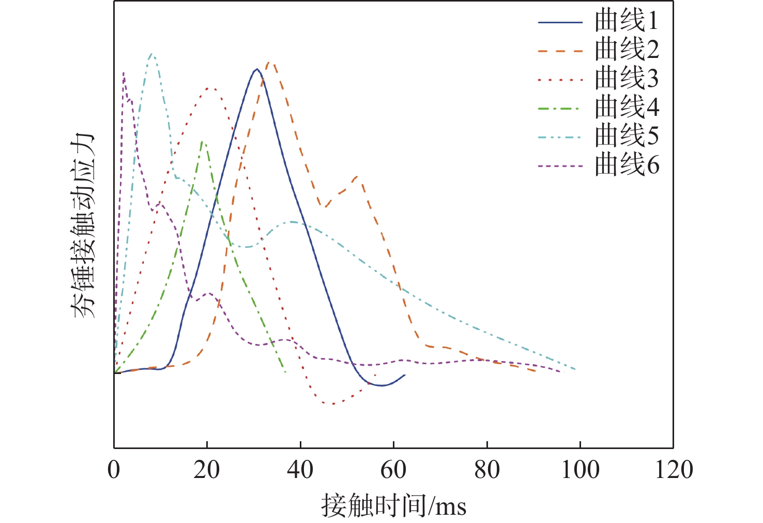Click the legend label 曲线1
(x=627, y=22)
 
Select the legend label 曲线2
(x=627, y=50)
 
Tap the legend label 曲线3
(x=627, y=79)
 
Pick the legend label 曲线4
(x=627, y=108)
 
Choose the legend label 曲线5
(x=627, y=137)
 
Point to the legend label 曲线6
(x=627, y=166)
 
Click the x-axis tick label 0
(x=114, y=470)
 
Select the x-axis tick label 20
(x=207, y=470)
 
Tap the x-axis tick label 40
(x=300, y=470)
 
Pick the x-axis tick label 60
(x=393, y=470)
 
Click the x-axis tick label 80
(x=487, y=470)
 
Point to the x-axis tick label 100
(x=580, y=470)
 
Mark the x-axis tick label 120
(x=674, y=470)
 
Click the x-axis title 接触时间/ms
(x=393, y=505)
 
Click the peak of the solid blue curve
(x=256, y=69)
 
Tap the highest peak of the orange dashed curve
(x=270, y=63)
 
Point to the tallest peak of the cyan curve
(x=151, y=53)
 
